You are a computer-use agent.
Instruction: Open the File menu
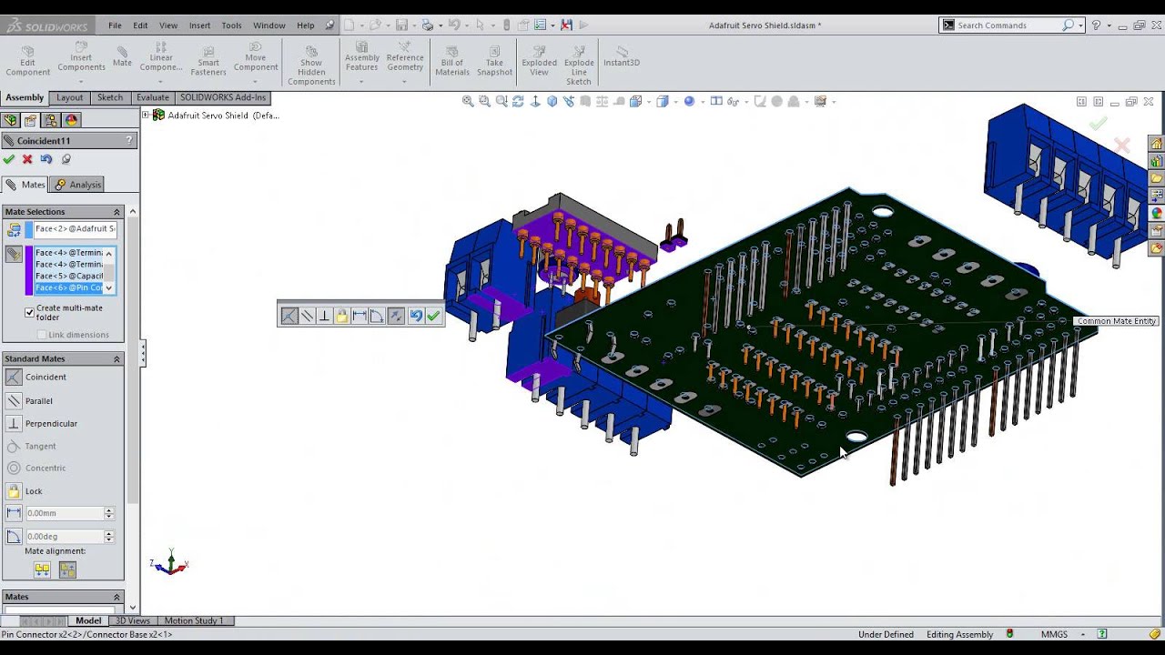[115, 25]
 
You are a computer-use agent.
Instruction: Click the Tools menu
[231, 25]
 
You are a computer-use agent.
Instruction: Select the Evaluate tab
[152, 97]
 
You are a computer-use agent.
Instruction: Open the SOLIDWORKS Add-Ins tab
[223, 97]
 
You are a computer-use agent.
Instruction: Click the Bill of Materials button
[452, 61]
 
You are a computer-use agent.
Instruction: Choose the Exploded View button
[539, 61]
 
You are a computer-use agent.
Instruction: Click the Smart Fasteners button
[208, 61]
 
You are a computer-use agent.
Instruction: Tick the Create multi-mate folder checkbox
[30, 312]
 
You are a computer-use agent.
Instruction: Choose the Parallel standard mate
[39, 400]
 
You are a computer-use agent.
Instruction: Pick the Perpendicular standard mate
[51, 423]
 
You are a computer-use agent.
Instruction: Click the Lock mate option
[34, 491]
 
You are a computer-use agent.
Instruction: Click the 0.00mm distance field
[64, 513]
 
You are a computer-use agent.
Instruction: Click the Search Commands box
[1008, 25]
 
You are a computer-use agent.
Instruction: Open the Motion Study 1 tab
[193, 620]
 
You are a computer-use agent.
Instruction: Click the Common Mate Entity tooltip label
[1116, 321]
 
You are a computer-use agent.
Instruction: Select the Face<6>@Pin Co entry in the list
[68, 287]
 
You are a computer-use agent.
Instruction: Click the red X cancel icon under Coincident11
[27, 159]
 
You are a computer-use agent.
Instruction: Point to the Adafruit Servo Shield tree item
[223, 116]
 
